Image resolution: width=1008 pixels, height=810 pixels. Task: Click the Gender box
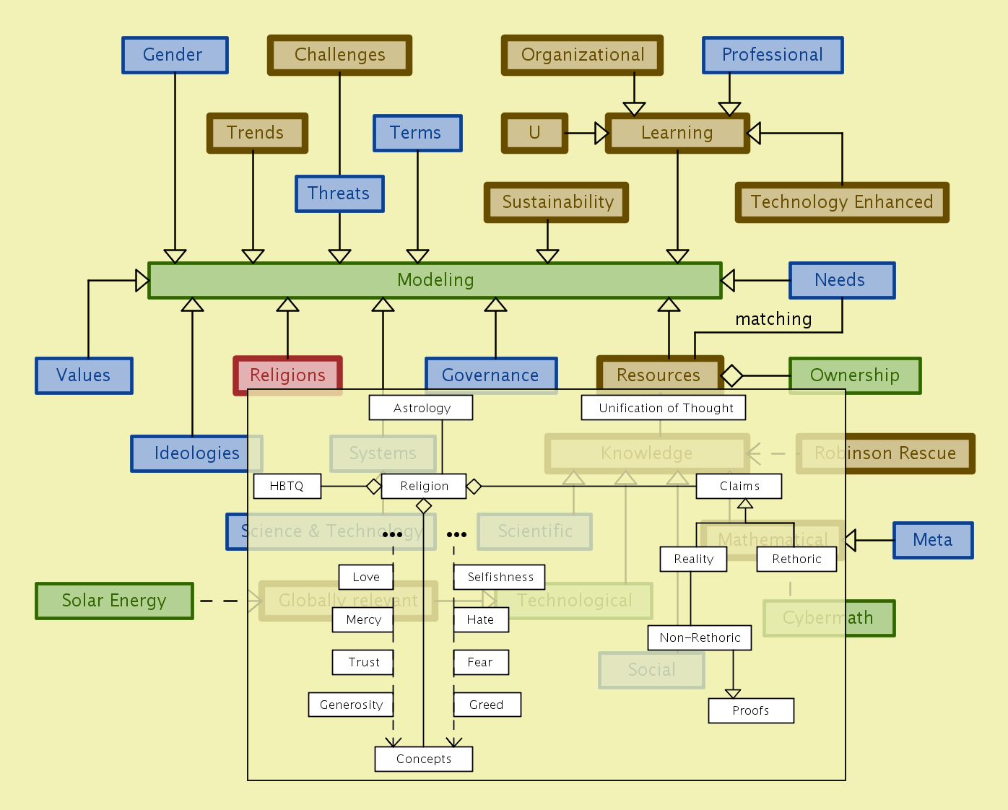click(x=175, y=56)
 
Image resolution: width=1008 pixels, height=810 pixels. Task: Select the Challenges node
click(x=339, y=56)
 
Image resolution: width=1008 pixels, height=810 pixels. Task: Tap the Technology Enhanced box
click(x=842, y=202)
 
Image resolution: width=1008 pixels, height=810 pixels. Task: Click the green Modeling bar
click(x=435, y=280)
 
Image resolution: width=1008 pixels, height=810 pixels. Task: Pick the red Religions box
click(x=287, y=375)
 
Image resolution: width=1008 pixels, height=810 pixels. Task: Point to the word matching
click(x=773, y=319)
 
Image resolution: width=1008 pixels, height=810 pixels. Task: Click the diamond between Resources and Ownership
click(x=731, y=375)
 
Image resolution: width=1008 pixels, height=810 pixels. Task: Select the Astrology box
click(x=421, y=408)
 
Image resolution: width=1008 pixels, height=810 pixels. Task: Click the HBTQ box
click(x=287, y=487)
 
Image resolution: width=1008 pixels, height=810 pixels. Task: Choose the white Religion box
click(x=424, y=487)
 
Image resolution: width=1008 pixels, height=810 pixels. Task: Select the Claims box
click(x=739, y=487)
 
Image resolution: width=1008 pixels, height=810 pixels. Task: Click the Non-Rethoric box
click(x=700, y=637)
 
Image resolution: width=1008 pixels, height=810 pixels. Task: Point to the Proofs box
click(x=751, y=710)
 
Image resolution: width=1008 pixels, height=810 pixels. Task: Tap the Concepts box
click(x=424, y=759)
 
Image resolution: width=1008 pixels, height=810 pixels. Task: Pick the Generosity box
click(x=351, y=705)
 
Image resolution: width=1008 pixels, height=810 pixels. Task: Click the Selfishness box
click(x=500, y=577)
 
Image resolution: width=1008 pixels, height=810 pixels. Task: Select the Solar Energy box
click(x=114, y=601)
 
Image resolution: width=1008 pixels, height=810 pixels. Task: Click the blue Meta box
click(x=933, y=540)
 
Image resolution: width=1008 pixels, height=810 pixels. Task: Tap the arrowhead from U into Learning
click(x=602, y=133)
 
